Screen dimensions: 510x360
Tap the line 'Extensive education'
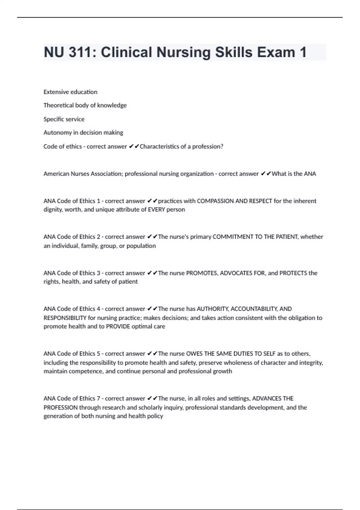pyautogui.click(x=70, y=92)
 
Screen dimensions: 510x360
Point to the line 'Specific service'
pyautogui.click(x=64, y=119)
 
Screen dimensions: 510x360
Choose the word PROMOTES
pyautogui.click(x=202, y=273)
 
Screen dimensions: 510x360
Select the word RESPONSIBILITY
pyautogui.click(x=65, y=318)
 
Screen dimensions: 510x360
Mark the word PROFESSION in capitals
pyautogui.click(x=61, y=407)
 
